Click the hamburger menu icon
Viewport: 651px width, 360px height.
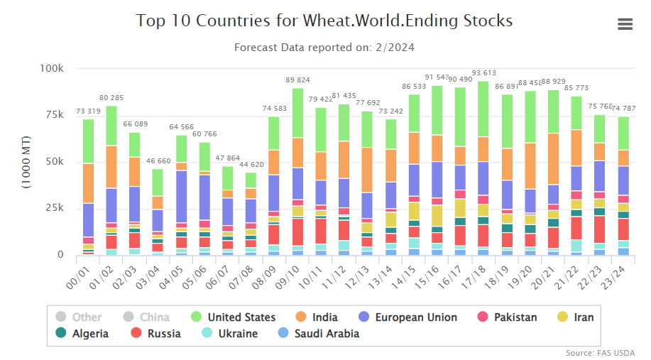[x=625, y=24]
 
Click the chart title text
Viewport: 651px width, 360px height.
[x=324, y=21]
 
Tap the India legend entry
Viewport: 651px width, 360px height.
[x=324, y=317]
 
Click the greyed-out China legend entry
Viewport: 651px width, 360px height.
[x=154, y=317]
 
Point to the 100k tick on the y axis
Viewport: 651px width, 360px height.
[x=52, y=68]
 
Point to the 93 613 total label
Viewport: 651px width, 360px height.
[x=483, y=73]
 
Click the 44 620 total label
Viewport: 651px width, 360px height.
[x=251, y=164]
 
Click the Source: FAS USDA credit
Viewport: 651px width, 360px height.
[x=600, y=353]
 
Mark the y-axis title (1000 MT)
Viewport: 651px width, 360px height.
[x=26, y=162]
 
